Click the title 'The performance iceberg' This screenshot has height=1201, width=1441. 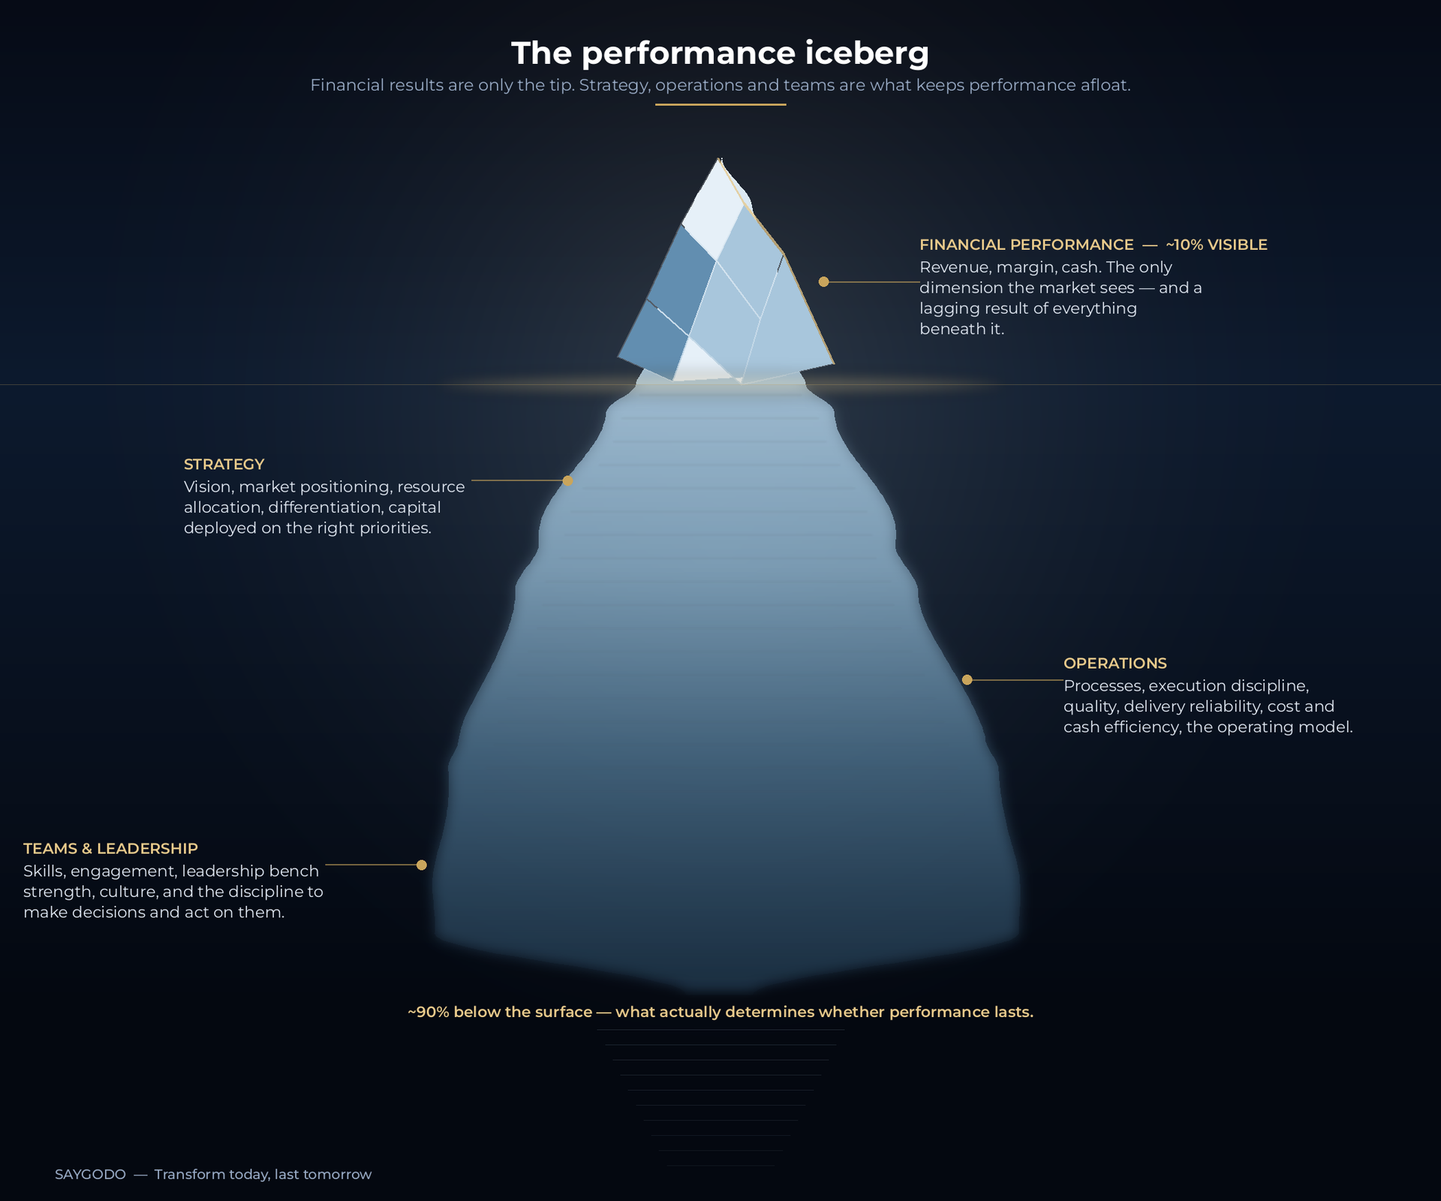tap(720, 53)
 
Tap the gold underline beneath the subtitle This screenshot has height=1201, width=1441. tap(720, 104)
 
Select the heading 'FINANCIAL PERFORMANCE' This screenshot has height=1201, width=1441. tap(1027, 245)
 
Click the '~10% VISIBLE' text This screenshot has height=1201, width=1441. tap(1217, 245)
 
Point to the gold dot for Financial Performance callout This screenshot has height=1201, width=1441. tap(824, 281)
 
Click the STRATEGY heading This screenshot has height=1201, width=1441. tap(224, 465)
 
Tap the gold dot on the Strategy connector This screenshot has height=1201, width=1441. tap(567, 480)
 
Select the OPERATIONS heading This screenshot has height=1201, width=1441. tap(1115, 664)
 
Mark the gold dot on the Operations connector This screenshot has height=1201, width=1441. tap(967, 680)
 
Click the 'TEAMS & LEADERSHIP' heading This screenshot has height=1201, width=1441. tap(110, 849)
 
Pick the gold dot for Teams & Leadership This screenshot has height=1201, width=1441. tap(422, 865)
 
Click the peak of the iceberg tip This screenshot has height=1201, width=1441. tap(720, 158)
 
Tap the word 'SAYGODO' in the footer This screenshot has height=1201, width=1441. tap(90, 1175)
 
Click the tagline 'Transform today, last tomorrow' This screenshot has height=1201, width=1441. tap(263, 1175)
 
